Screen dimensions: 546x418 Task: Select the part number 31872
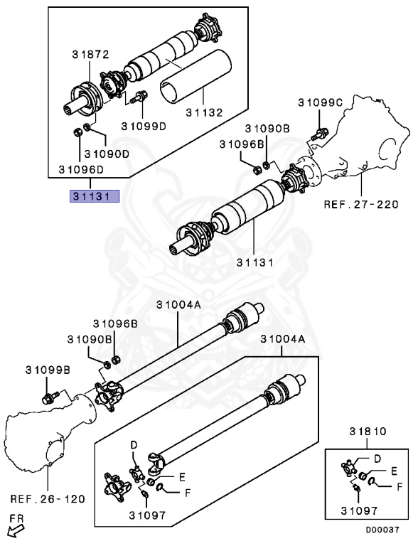[x=90, y=54]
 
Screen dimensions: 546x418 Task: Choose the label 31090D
[x=107, y=153]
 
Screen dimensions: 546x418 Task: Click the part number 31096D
[x=80, y=171]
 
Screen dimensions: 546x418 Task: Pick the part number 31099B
[x=48, y=370]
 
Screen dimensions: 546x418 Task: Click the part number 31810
[x=366, y=432]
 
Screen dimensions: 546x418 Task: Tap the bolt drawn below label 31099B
[x=50, y=398]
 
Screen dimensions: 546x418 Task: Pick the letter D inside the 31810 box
[x=377, y=459]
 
